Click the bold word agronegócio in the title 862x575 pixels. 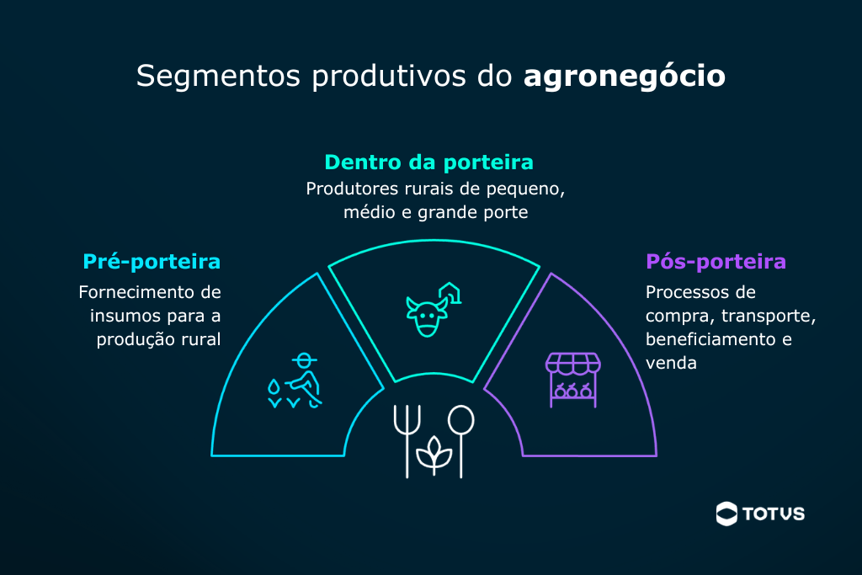(625, 77)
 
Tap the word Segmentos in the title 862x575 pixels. (218, 77)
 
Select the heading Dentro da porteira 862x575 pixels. (428, 162)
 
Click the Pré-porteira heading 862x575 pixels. (152, 262)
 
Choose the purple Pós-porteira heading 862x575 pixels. (716, 262)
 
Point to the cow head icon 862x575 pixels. (427, 317)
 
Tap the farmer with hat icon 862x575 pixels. (303, 380)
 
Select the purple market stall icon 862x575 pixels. (572, 380)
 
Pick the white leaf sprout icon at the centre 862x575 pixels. (434, 455)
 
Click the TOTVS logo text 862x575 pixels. (774, 514)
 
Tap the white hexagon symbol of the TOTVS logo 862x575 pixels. (726, 514)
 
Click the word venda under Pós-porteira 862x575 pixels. (671, 364)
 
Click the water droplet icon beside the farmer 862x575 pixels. (274, 387)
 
